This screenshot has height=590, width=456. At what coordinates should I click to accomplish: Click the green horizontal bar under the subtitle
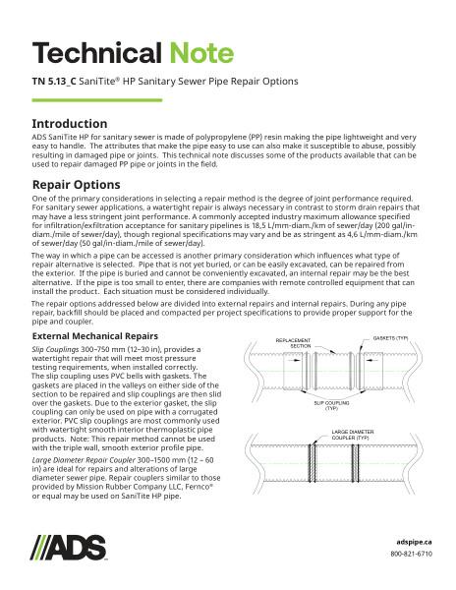point(90,98)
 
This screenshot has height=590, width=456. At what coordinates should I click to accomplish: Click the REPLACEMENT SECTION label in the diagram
point(265,342)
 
